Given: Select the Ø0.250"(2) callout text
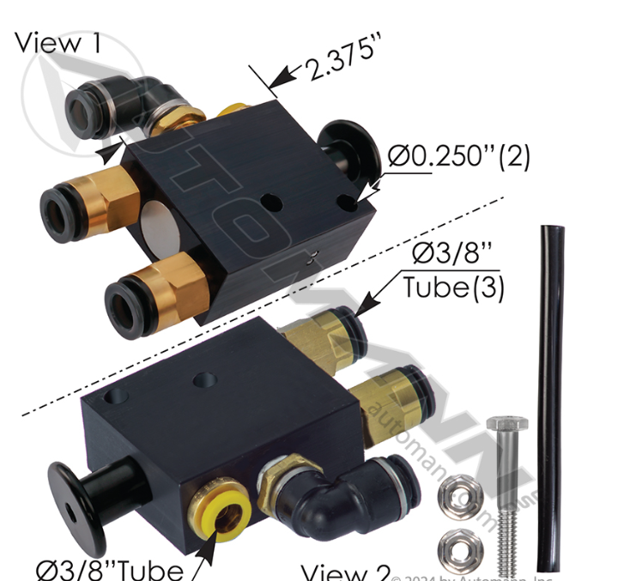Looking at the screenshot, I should [x=458, y=156].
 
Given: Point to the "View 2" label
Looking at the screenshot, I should [x=347, y=570].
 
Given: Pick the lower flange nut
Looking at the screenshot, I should [x=457, y=547].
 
